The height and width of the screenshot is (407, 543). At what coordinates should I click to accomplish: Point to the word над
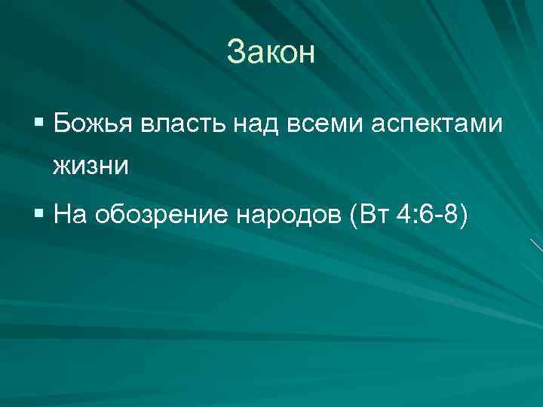click(x=254, y=123)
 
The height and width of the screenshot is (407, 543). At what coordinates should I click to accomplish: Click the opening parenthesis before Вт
click(x=354, y=217)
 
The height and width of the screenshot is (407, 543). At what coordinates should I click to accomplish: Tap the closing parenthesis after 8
click(x=463, y=217)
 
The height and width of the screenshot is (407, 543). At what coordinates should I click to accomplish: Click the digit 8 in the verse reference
click(x=450, y=216)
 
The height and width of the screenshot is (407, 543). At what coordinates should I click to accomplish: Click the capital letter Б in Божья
click(x=63, y=123)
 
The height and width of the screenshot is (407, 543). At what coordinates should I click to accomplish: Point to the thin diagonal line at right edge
click(x=536, y=245)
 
